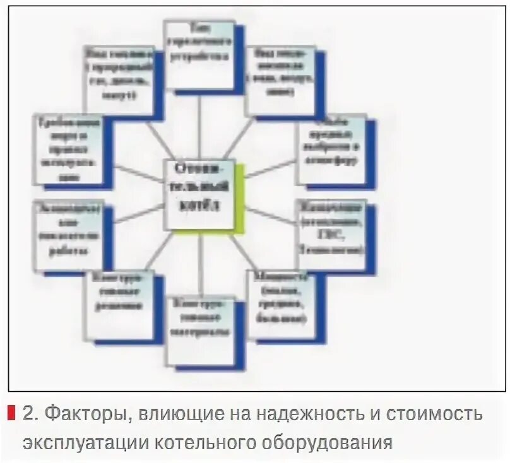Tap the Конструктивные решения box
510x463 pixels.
coord(118,303)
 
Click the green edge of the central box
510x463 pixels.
coord(239,196)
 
